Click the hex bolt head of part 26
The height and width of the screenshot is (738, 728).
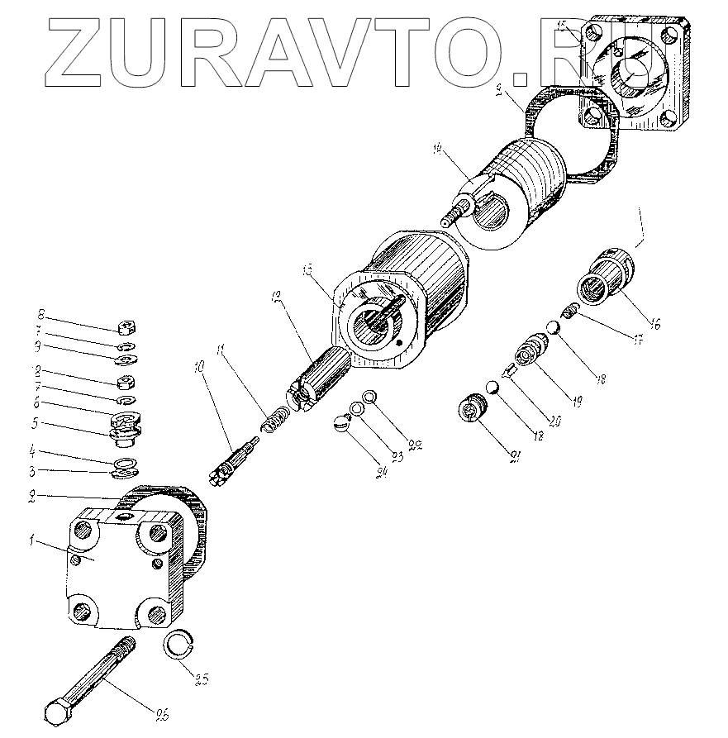(x=60, y=713)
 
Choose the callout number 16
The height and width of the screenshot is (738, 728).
(x=654, y=324)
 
